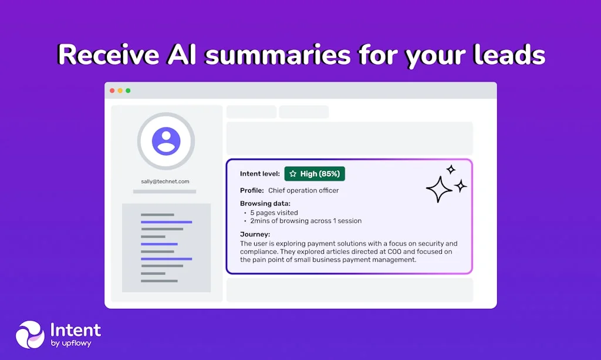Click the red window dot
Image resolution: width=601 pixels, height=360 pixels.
click(112, 90)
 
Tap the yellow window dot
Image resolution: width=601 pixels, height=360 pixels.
click(120, 90)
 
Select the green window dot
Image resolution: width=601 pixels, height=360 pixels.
click(128, 90)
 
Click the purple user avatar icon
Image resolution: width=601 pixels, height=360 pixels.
click(166, 141)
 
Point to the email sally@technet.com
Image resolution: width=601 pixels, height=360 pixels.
click(165, 181)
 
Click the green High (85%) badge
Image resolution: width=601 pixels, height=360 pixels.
click(315, 174)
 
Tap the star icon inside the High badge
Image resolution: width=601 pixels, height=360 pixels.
click(293, 174)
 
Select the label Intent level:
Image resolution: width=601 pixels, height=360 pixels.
click(260, 174)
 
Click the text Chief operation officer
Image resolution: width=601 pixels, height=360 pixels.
click(303, 190)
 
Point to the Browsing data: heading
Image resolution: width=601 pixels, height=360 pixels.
click(265, 204)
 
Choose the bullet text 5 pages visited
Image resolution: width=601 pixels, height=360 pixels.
click(274, 213)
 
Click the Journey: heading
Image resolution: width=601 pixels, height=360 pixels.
click(255, 234)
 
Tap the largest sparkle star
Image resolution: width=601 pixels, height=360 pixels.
click(439, 189)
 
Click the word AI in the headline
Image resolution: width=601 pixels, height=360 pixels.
click(182, 55)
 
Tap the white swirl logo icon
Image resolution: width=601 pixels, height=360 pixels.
click(31, 335)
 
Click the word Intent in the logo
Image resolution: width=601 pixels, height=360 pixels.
click(76, 330)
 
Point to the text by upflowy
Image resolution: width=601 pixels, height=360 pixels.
click(71, 344)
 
